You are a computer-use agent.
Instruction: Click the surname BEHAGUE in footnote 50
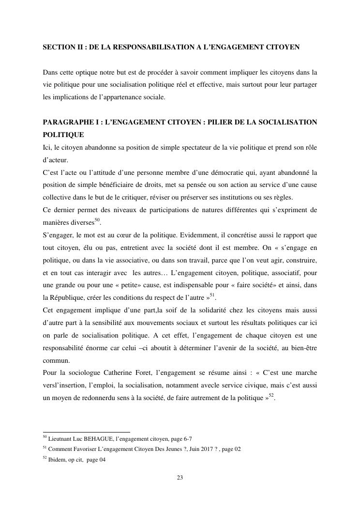(x=104, y=438)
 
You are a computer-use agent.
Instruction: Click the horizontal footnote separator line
(x=87, y=432)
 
